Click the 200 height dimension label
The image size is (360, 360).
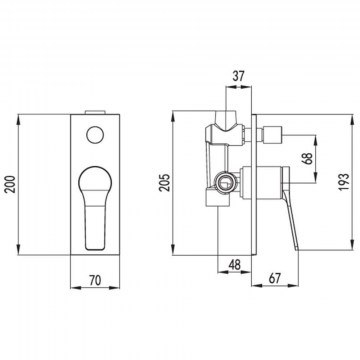[x=11, y=184]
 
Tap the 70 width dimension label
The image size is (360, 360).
[x=95, y=280]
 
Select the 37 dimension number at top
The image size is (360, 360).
[x=238, y=76]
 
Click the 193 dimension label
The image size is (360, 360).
[x=344, y=182]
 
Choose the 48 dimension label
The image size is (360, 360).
[x=235, y=265]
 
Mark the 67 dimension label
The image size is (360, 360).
[x=275, y=278]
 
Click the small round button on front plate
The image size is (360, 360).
[x=95, y=135]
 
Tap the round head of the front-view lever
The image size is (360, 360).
[x=95, y=180]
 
